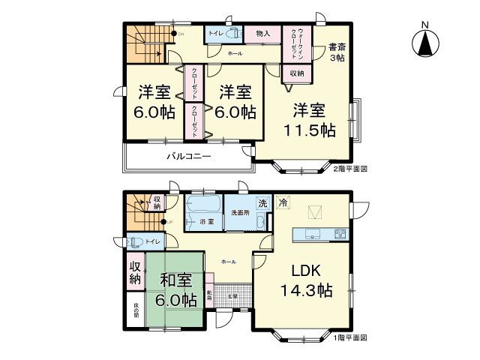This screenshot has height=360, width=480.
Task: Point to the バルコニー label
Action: [188, 157]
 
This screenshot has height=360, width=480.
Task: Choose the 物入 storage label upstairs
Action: [262, 34]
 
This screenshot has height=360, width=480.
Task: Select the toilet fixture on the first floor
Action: [136, 241]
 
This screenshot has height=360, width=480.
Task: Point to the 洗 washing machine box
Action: [262, 202]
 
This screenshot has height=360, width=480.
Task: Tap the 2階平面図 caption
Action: [349, 169]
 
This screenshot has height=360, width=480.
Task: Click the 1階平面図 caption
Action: [349, 338]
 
